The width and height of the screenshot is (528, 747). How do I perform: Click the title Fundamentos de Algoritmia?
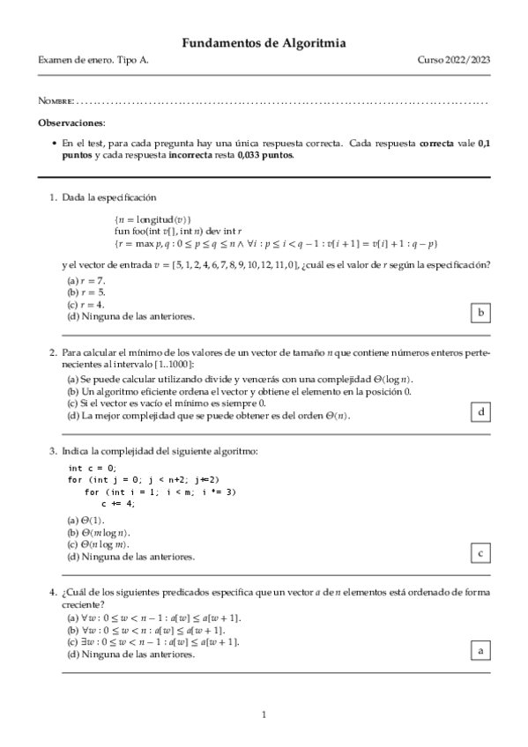(x=264, y=42)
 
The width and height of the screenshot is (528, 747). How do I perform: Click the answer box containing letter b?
(x=480, y=313)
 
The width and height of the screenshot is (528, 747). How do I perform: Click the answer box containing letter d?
(x=480, y=411)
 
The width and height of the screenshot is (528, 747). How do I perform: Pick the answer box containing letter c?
(x=480, y=553)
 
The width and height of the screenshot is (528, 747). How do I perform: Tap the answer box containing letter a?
(x=480, y=651)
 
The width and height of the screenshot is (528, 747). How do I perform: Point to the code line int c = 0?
(x=93, y=468)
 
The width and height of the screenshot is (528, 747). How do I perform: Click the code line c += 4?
(x=118, y=503)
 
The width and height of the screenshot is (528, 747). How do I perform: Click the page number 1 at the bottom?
(x=264, y=714)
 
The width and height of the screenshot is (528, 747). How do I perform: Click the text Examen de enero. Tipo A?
(x=87, y=59)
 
